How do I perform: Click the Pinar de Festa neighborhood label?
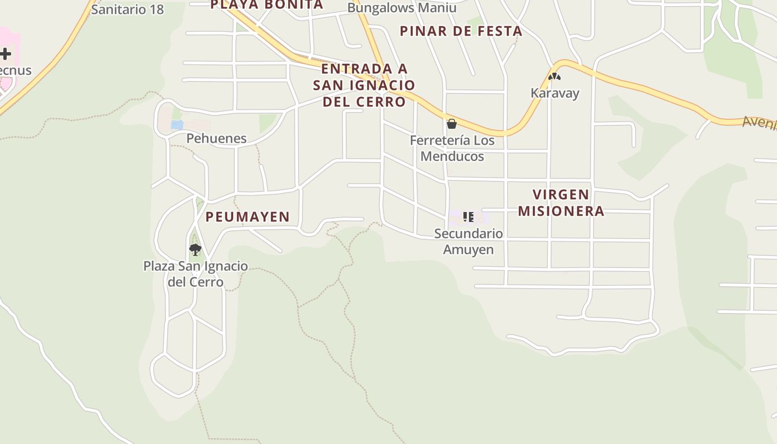tap(461, 31)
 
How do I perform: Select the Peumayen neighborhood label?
tap(248, 217)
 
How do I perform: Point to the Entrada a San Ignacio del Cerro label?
tap(364, 85)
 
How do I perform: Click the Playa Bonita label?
tap(266, 5)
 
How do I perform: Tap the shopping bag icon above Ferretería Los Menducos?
tap(452, 123)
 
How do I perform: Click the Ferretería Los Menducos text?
tap(452, 148)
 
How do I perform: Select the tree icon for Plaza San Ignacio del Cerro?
tap(195, 249)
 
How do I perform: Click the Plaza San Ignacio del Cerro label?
tap(195, 274)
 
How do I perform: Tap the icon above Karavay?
tap(554, 77)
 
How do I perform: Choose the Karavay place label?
tap(555, 93)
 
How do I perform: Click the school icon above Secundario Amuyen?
tap(468, 217)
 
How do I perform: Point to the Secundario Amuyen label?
tap(468, 241)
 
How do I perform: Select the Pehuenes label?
tap(216, 138)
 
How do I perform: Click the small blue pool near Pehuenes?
tap(177, 125)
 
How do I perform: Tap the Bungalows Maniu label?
tap(402, 8)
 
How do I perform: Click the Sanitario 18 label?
tap(127, 9)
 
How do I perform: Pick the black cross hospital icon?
tap(6, 54)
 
